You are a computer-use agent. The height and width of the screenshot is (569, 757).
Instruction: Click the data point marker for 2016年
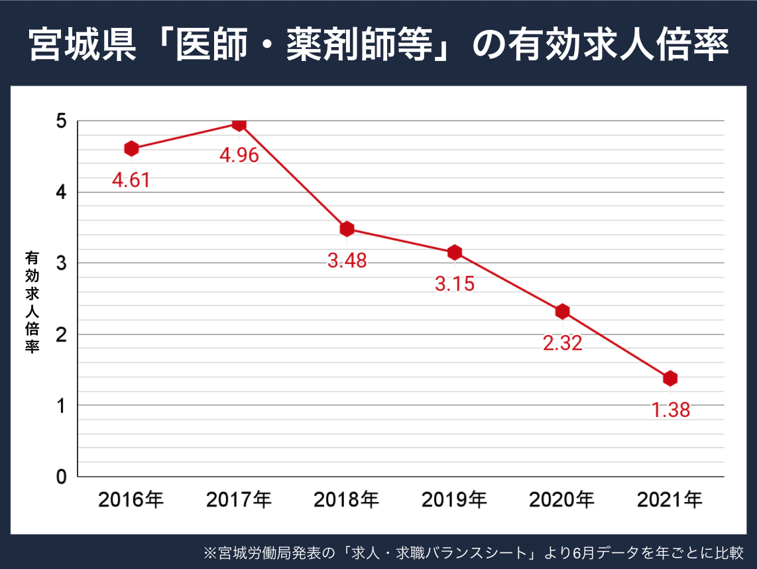pos(131,149)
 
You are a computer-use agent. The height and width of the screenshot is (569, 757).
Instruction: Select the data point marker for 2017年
pos(239,124)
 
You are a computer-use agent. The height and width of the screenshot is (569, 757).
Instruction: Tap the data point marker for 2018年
pos(347,229)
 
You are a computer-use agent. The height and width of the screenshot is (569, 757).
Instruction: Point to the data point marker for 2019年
pos(455,252)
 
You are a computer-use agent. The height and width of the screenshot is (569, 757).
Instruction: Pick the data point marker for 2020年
pos(562,311)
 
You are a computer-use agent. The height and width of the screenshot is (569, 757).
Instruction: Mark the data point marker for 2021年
pos(670,378)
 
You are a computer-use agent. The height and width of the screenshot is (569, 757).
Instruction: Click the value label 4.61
pos(131,180)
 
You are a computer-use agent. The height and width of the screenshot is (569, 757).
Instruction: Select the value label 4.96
pos(239,156)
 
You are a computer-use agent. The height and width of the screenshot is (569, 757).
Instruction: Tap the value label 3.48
pos(347,261)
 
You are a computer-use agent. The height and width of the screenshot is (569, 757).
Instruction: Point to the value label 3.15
pos(455,284)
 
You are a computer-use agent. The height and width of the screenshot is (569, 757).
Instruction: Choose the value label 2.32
pos(562,343)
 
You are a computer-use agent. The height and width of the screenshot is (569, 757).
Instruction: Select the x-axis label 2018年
pos(347,499)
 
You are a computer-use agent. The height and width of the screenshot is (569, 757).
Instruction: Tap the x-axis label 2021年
pos(670,499)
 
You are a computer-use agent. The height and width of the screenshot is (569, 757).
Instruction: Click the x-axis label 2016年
pos(131,499)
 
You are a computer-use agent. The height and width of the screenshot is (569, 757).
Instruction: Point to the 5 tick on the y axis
pos(62,121)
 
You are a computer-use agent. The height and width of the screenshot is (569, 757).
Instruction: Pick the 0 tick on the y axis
pos(62,476)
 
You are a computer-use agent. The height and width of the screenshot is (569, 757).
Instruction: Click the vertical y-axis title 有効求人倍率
pos(32,302)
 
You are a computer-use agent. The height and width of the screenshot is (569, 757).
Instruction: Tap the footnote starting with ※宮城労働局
pos(473,552)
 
